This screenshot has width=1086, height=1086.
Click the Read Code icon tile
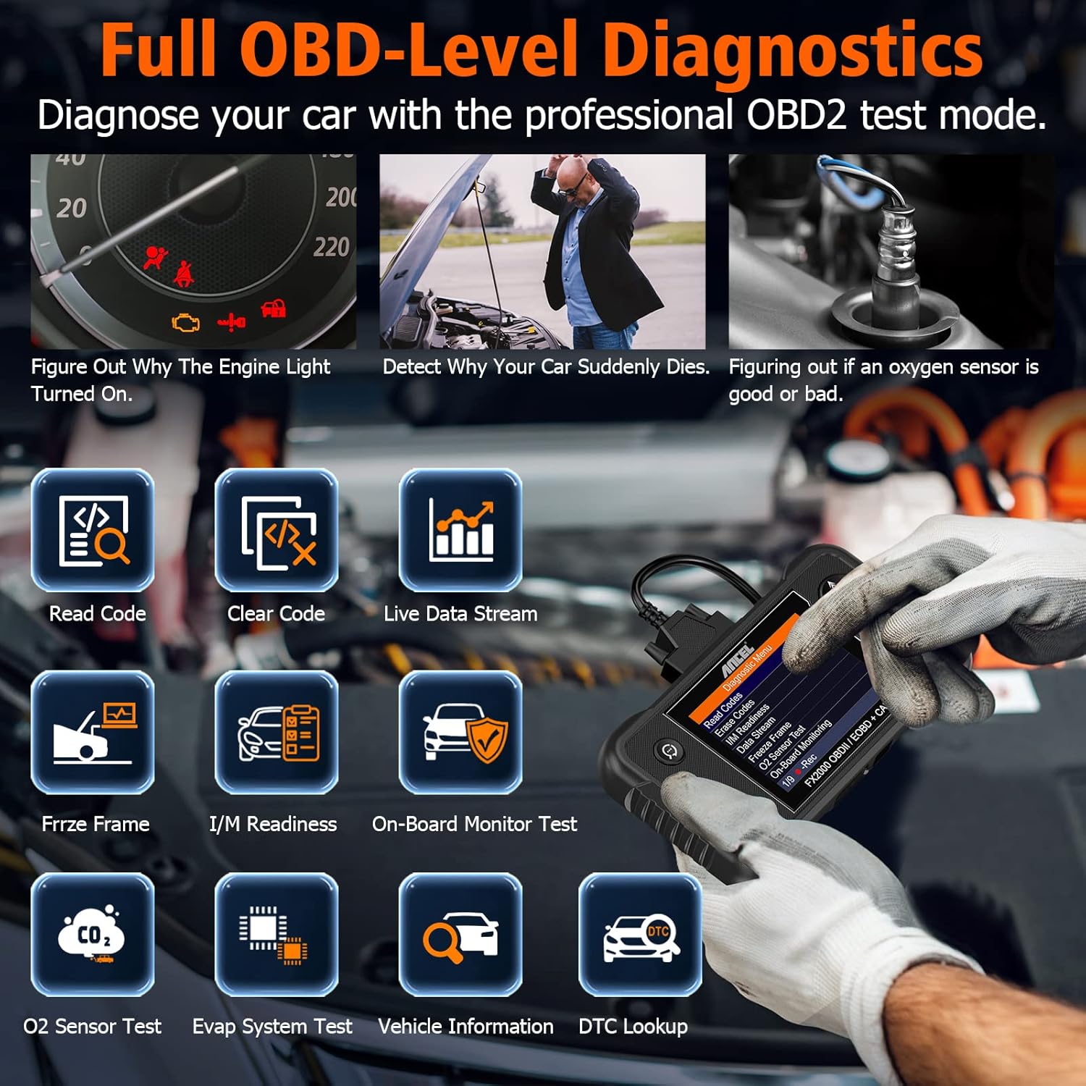coord(93,530)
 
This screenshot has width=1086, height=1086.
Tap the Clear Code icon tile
coord(277,530)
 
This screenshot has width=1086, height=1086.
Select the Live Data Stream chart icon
coord(460,530)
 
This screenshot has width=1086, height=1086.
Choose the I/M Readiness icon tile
coord(277,732)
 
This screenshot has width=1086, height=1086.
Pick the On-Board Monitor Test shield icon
coord(460,732)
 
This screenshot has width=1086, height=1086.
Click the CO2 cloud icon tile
coord(93,934)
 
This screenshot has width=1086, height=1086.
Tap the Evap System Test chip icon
coord(277,934)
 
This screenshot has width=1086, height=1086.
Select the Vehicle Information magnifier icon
coord(460,934)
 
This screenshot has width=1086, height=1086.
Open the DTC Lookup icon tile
coord(640,934)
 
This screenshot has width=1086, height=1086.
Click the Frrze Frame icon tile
coord(93,732)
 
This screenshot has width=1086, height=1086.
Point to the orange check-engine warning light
coord(186,321)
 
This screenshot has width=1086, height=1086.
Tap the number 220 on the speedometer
coord(332,248)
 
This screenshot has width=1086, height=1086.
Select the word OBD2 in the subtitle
coord(796,115)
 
